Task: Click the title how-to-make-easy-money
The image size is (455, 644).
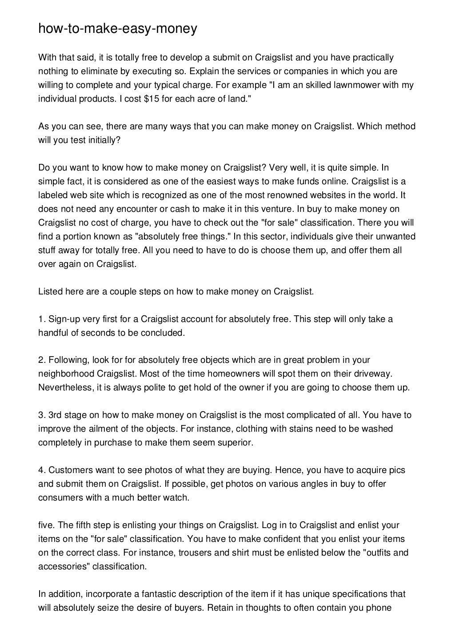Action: [x=117, y=29]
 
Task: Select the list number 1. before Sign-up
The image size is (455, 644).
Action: [x=42, y=319]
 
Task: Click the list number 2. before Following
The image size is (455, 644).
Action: [x=42, y=360]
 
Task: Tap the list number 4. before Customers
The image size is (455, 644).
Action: [x=42, y=470]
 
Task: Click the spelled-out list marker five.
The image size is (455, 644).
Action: [x=46, y=525]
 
